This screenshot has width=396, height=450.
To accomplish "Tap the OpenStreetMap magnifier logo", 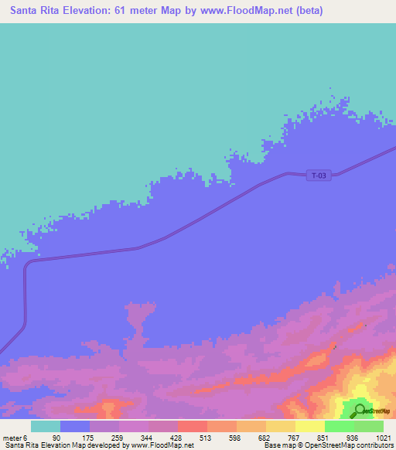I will coord(358,410).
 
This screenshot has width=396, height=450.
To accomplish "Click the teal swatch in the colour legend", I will coord(46,426).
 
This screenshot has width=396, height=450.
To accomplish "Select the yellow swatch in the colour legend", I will coord(309,426).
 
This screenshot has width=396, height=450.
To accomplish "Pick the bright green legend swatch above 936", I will coord(339,426).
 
